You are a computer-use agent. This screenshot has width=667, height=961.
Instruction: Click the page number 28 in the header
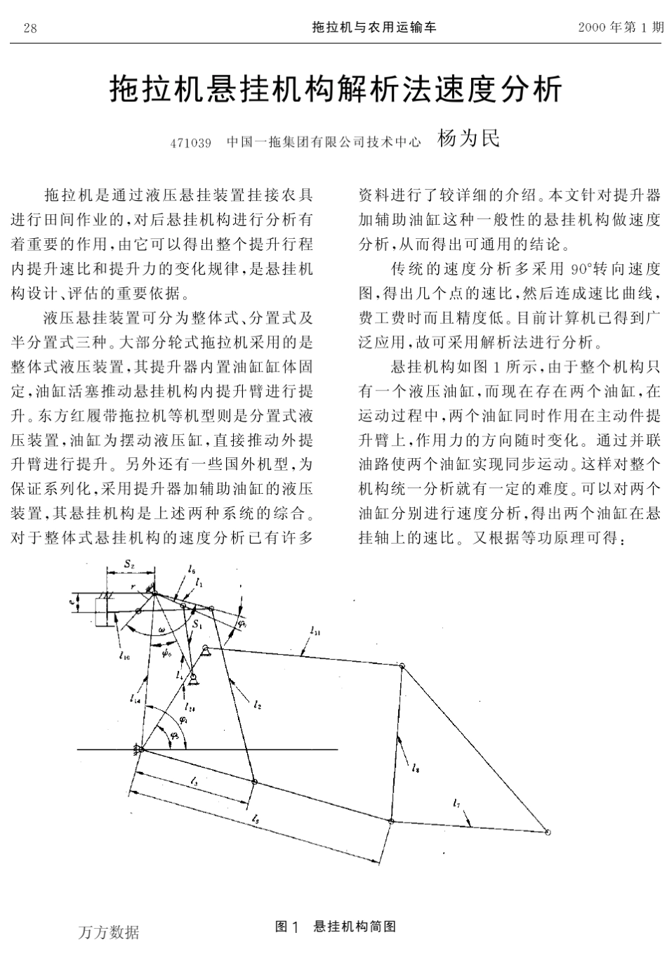pyautogui.click(x=29, y=28)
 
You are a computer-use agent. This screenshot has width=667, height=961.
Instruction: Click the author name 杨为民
pyautogui.click(x=468, y=138)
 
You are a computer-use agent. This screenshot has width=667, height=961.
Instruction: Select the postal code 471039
pyautogui.click(x=191, y=143)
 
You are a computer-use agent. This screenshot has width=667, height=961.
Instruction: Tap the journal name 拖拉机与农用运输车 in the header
pyautogui.click(x=374, y=27)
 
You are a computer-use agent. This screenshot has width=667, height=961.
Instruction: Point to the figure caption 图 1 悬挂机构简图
pyautogui.click(x=336, y=927)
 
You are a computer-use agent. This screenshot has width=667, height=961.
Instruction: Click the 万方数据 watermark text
pyautogui.click(x=109, y=932)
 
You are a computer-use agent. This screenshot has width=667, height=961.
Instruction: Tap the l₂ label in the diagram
pyautogui.click(x=258, y=702)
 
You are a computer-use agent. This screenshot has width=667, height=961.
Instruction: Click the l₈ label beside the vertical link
pyautogui.click(x=417, y=768)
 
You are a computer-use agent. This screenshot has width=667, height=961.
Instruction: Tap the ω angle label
pyautogui.click(x=163, y=630)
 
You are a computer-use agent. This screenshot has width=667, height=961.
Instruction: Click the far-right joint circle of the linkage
pyautogui.click(x=548, y=832)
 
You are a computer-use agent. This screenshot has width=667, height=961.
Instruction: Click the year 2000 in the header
pyautogui.click(x=593, y=27)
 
